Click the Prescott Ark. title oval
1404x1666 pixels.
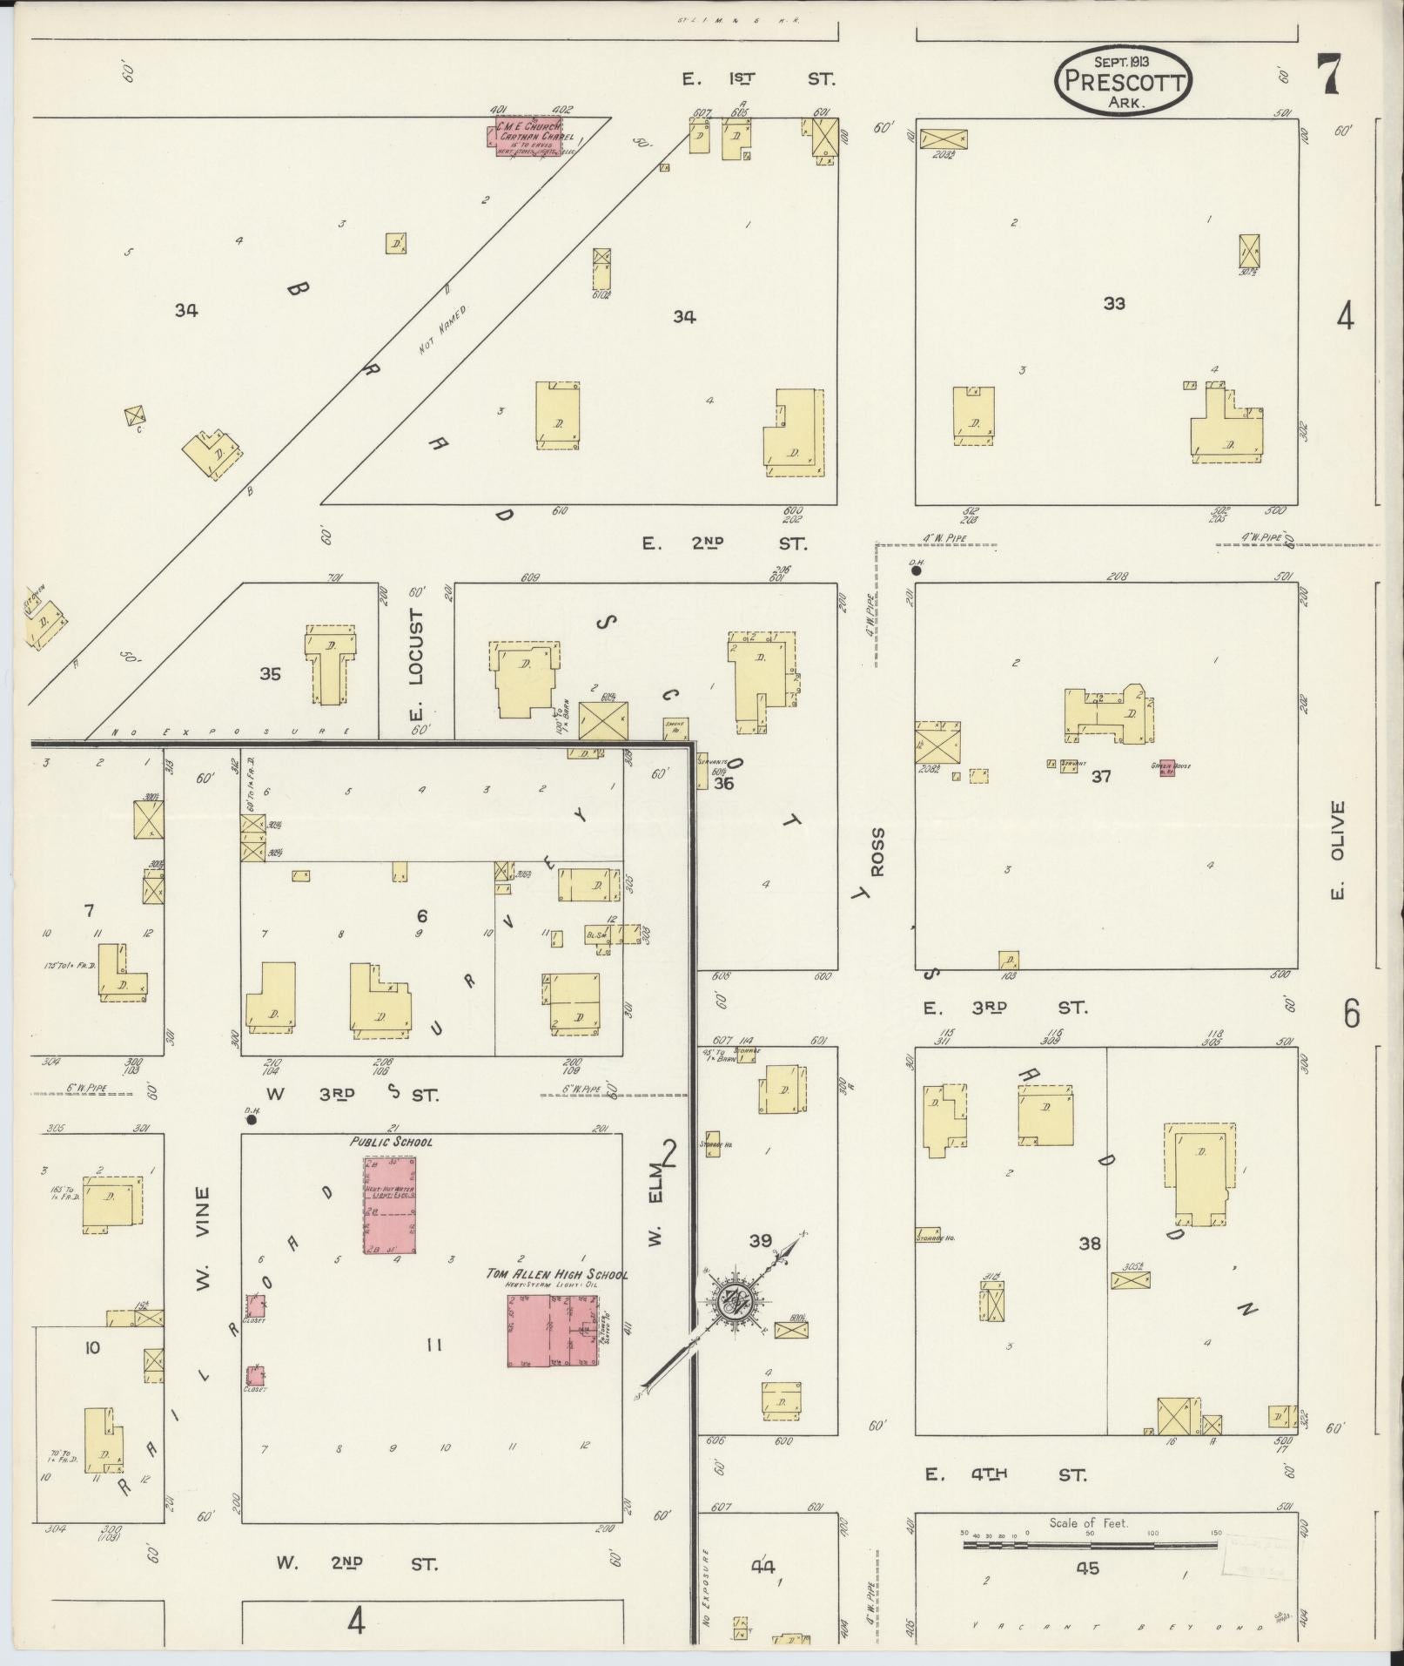tap(1122, 80)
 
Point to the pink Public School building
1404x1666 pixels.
tap(389, 1205)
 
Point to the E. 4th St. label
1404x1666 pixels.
tap(1005, 1474)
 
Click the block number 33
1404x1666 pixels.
tap(1113, 303)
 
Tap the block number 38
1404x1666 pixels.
tap(1090, 1244)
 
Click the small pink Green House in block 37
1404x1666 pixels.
tap(1166, 770)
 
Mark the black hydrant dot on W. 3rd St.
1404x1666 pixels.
tap(252, 1120)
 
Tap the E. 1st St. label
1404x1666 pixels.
tap(757, 79)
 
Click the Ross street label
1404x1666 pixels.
tap(877, 852)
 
